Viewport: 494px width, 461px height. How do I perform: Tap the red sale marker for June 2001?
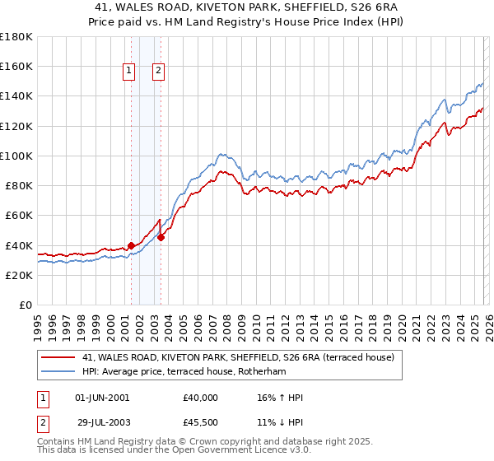coord(131,245)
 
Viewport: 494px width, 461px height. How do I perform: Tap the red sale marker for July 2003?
coord(161,237)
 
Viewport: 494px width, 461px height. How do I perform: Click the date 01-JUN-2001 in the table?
coord(102,398)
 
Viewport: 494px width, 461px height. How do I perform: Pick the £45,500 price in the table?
coord(202,421)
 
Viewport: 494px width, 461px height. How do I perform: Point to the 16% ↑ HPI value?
coord(280,398)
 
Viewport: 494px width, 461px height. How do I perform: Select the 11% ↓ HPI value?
coord(280,421)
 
